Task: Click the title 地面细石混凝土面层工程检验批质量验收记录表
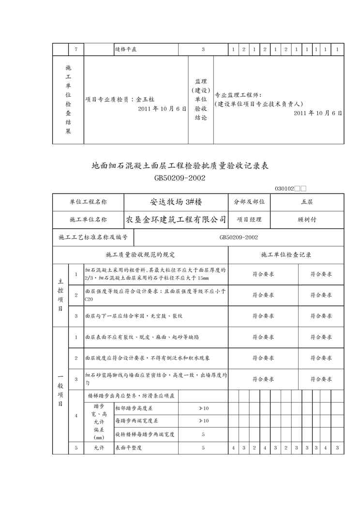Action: pos(180,166)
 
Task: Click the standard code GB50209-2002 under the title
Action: pos(180,178)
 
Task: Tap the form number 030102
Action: pos(285,189)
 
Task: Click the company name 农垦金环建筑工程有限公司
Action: pos(176,219)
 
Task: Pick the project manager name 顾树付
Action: pos(307,219)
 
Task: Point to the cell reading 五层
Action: pos(307,202)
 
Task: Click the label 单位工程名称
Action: pos(88,202)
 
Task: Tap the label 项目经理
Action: pos(249,219)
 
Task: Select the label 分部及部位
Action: pos(249,202)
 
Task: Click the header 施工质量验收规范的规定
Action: pos(140,254)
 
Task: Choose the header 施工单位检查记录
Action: pos(286,254)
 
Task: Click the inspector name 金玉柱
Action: pos(145,99)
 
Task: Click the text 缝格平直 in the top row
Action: pos(126,49)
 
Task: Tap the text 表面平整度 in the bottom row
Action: pos(128,448)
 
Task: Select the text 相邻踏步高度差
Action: pos(135,408)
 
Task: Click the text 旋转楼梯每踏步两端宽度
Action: pos(145,434)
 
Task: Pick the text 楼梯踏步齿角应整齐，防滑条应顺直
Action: pos(132,395)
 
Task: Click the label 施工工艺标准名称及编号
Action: pos(93,237)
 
